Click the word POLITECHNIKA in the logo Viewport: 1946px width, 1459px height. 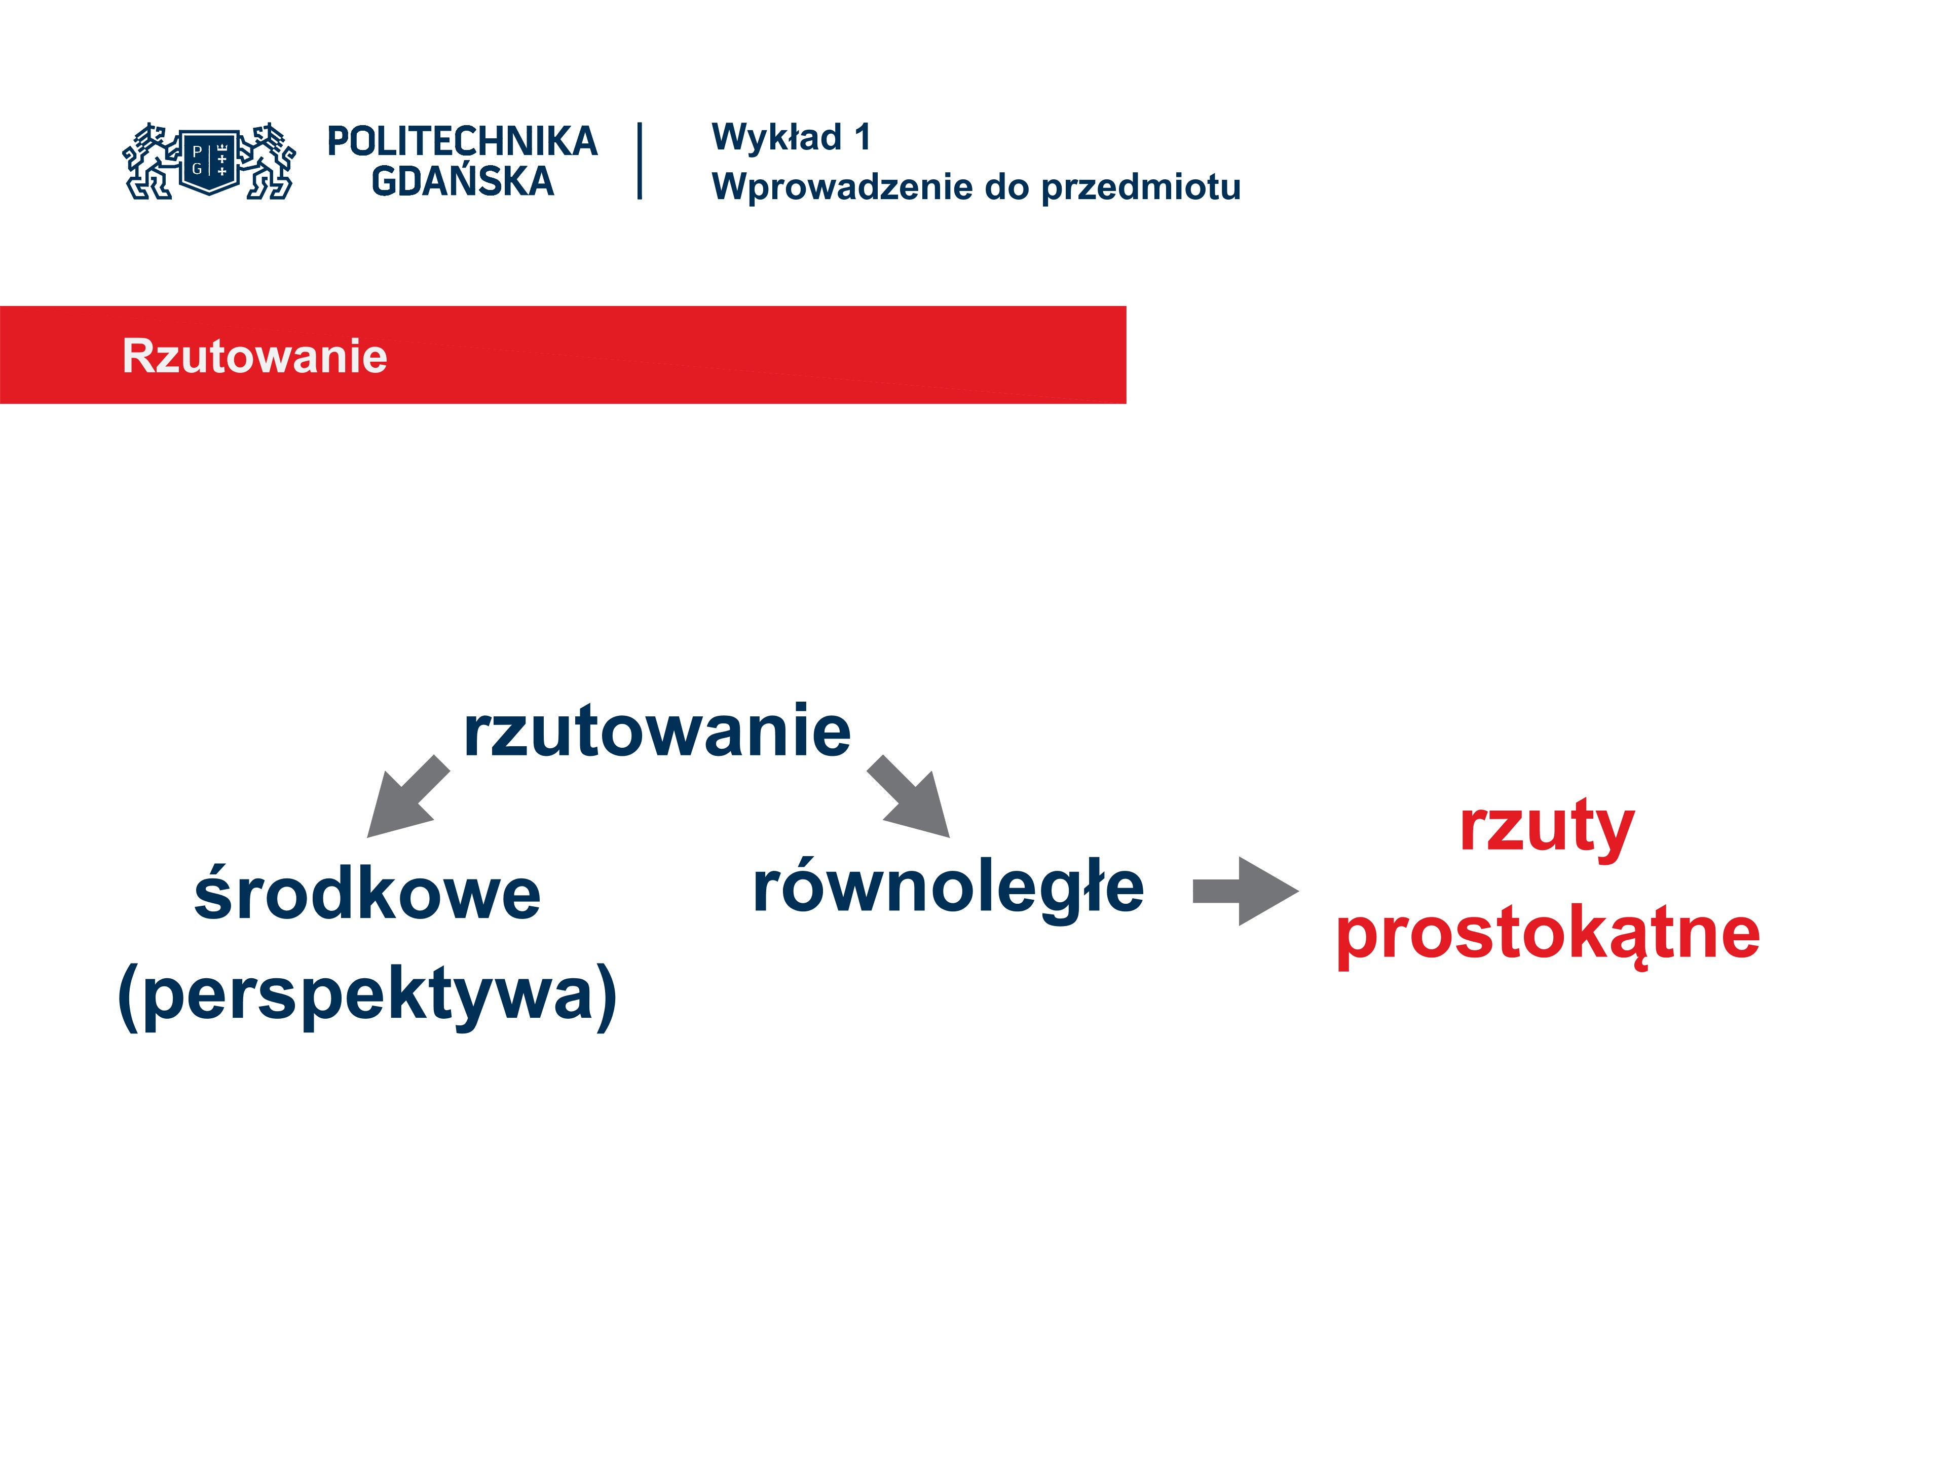tap(462, 141)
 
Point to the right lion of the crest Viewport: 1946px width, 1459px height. tap(268, 162)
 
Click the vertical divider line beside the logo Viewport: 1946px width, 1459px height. tap(640, 161)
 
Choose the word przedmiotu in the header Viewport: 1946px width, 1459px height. tap(1141, 187)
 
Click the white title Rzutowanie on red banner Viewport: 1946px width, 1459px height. tap(254, 356)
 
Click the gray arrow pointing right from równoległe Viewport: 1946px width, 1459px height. tap(1246, 892)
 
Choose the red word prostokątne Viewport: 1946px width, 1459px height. tap(1548, 934)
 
